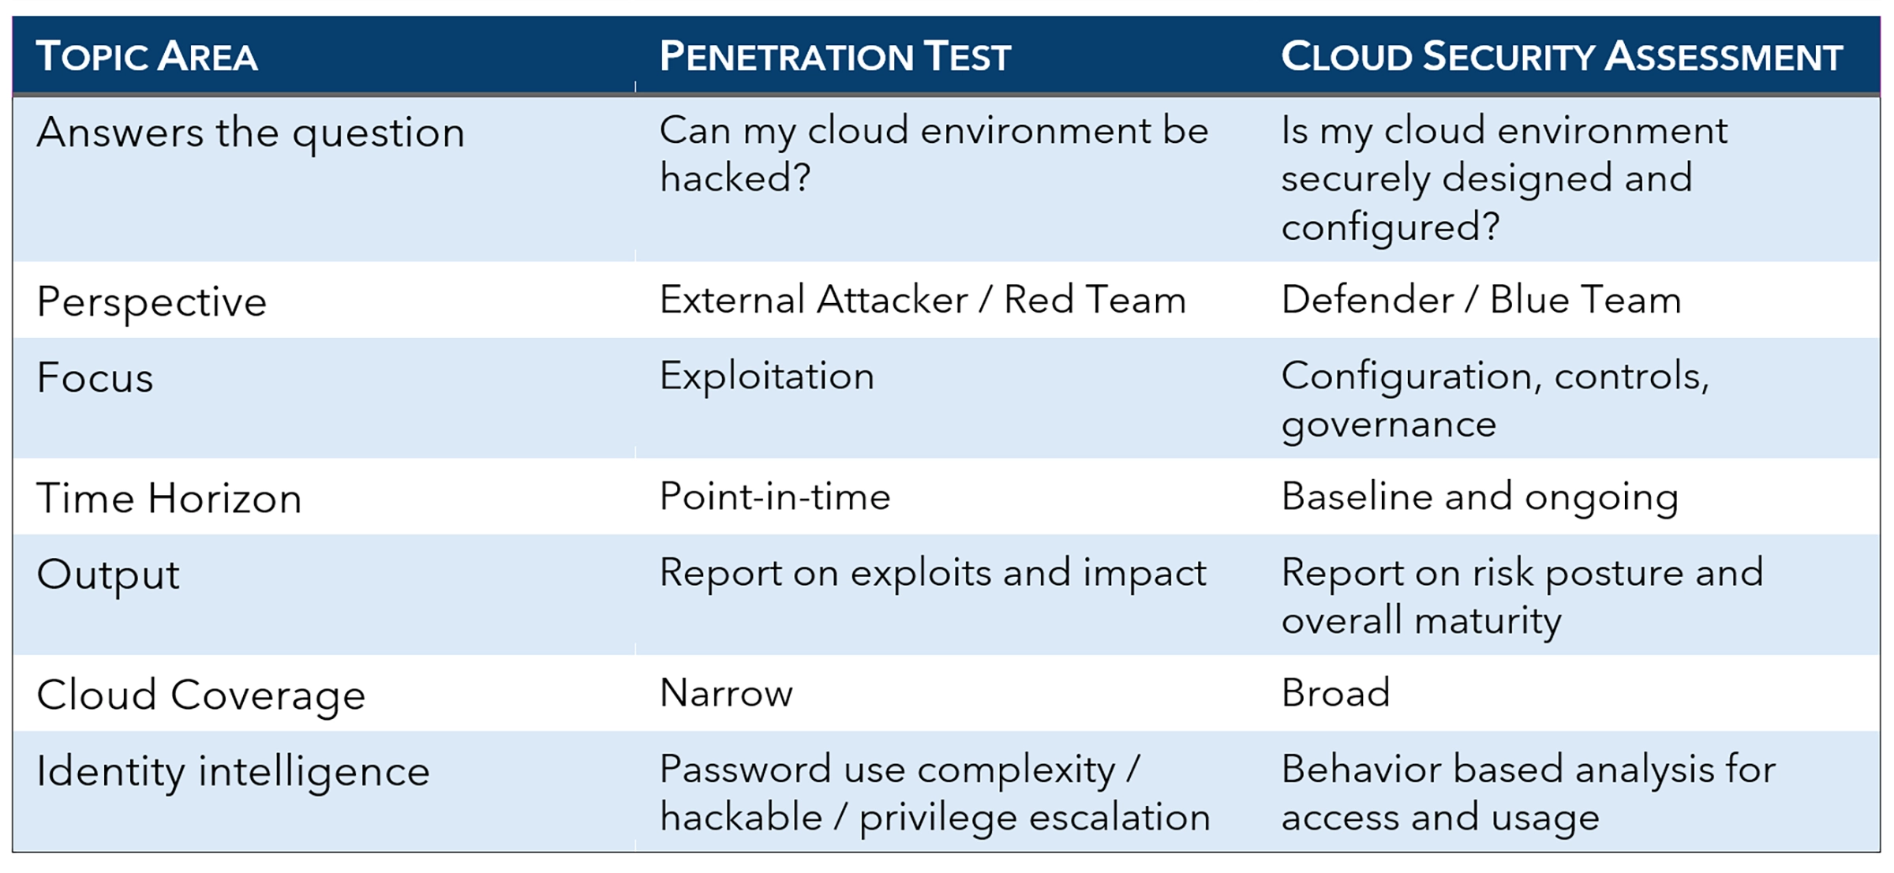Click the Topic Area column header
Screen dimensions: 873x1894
(x=147, y=57)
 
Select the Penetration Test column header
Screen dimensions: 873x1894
(x=835, y=57)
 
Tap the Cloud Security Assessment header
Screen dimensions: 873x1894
(x=1561, y=57)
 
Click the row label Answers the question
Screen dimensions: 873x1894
(x=250, y=133)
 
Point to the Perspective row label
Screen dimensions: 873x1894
(x=152, y=302)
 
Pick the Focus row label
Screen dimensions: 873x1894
(x=95, y=378)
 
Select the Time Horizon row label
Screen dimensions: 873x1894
(x=169, y=499)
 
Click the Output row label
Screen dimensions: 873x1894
(x=108, y=575)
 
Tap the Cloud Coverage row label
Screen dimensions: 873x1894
(x=200, y=695)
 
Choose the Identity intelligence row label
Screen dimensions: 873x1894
(x=233, y=771)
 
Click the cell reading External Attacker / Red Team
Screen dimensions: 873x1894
(x=923, y=300)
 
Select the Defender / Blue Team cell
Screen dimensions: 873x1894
(x=1480, y=300)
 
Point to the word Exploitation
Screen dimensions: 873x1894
(x=766, y=376)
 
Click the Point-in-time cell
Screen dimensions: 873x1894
(x=774, y=496)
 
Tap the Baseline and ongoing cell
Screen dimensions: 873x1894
(x=1479, y=496)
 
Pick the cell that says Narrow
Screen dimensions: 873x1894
(x=726, y=693)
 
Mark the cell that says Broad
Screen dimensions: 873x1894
(x=1335, y=693)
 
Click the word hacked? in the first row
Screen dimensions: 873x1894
(x=735, y=178)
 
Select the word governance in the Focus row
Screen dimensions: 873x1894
(x=1388, y=425)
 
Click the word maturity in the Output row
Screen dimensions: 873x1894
(x=1487, y=621)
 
